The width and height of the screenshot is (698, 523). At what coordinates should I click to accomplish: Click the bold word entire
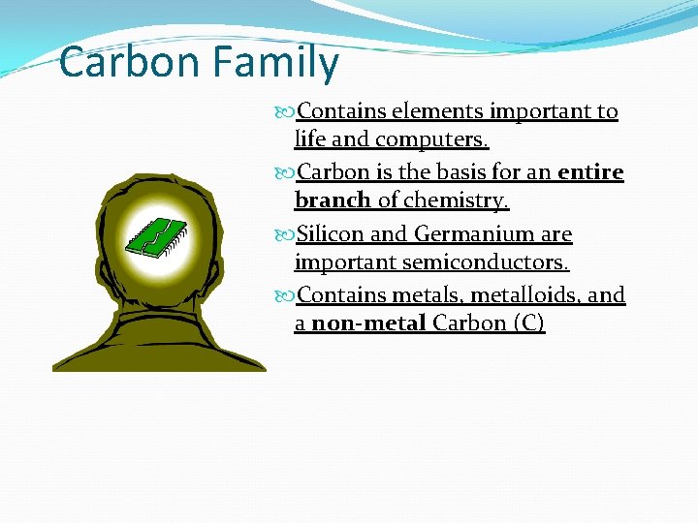[x=591, y=172]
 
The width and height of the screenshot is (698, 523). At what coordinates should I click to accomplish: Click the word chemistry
[x=458, y=200]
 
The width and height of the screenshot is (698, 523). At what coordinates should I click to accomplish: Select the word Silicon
[x=332, y=234]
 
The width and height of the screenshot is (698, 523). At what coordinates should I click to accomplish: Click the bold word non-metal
[x=369, y=323]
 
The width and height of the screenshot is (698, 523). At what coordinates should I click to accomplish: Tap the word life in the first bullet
[x=309, y=139]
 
